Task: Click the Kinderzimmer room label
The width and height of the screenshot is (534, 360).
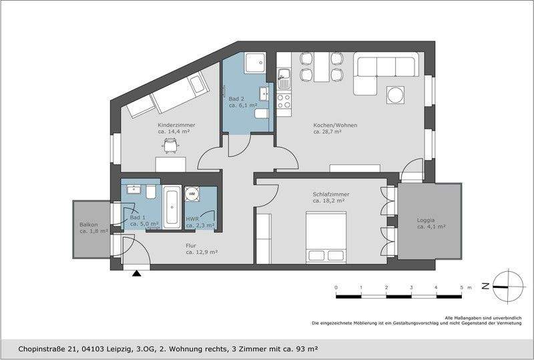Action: [x=176, y=125]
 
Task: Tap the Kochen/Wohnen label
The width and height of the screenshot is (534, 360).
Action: [x=335, y=125]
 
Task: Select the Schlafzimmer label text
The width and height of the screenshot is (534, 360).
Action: [x=330, y=194]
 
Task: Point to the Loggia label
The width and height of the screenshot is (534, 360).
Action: [x=426, y=220]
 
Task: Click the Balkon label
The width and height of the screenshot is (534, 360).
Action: [x=89, y=224]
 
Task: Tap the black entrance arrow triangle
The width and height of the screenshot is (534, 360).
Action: [x=137, y=273]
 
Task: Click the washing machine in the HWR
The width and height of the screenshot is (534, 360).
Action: [x=192, y=194]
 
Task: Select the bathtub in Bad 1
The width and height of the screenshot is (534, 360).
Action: [x=172, y=207]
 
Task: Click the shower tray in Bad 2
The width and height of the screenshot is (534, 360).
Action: [x=256, y=62]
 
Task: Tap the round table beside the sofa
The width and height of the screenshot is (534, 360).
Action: [x=395, y=95]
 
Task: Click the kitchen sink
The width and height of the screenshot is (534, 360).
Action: [x=284, y=78]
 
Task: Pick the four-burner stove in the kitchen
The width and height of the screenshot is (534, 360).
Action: [x=284, y=101]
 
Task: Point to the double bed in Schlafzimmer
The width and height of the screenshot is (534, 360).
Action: [x=326, y=237]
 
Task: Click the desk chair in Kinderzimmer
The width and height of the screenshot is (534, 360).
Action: [x=170, y=146]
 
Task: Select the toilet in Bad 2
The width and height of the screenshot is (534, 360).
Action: [x=261, y=114]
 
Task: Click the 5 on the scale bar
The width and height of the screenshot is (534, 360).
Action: [x=461, y=287]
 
